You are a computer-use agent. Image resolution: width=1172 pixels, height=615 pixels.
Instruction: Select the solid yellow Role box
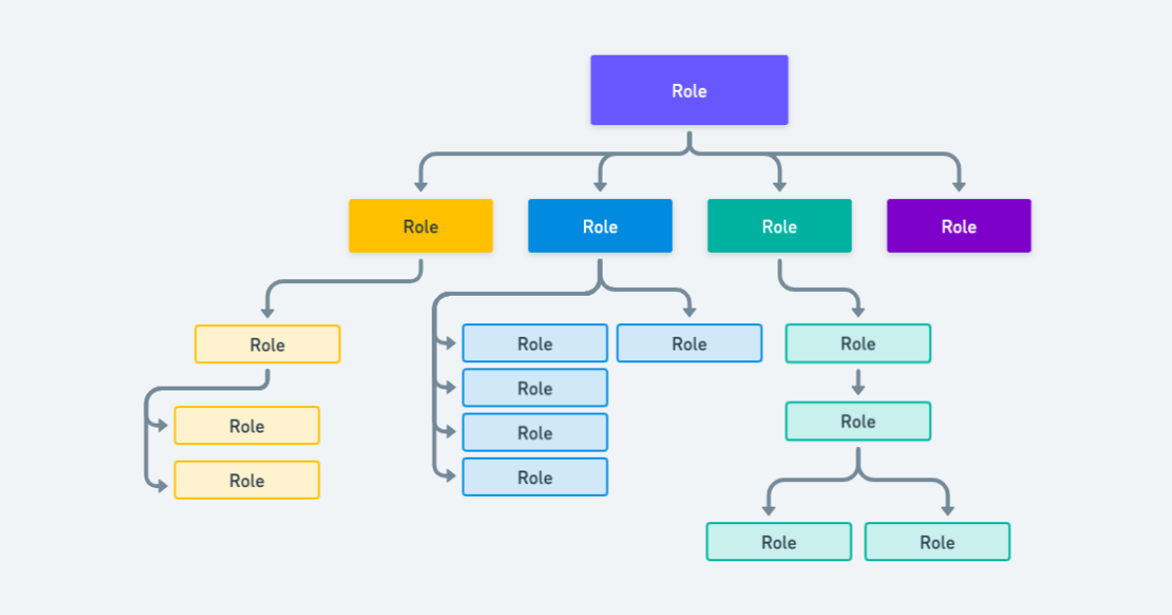421,226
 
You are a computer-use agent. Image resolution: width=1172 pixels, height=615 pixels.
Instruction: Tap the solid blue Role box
600,226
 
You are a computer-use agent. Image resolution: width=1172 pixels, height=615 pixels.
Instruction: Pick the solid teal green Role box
779,226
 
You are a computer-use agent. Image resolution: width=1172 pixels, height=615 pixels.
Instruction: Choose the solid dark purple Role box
958,226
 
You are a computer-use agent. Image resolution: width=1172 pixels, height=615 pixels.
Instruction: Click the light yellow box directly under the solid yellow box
267,345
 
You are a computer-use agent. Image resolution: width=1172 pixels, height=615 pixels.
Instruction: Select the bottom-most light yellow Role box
246,480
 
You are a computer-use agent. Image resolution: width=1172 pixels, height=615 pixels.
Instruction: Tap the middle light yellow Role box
246,426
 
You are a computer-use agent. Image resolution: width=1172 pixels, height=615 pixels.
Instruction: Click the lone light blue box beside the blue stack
689,344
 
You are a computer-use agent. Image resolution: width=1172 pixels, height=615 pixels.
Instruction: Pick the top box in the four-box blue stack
534,344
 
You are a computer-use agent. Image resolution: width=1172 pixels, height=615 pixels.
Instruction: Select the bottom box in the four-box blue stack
534,477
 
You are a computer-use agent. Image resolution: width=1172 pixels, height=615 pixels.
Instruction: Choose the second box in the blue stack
534,389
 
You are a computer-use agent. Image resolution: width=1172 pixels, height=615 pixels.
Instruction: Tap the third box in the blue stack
534,432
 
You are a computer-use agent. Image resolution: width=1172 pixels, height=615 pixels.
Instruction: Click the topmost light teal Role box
858,344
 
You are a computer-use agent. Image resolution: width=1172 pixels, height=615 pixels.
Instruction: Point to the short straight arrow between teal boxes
858,382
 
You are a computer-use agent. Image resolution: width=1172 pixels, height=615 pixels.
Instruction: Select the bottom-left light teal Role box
778,542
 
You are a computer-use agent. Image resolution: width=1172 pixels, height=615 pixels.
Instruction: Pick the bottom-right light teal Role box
937,542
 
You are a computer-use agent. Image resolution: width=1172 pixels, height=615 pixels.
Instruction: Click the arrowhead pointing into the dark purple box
958,184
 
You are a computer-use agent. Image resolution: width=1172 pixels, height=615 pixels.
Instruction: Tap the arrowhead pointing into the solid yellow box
421,184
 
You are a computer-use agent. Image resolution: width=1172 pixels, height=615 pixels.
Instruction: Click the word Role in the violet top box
689,91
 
